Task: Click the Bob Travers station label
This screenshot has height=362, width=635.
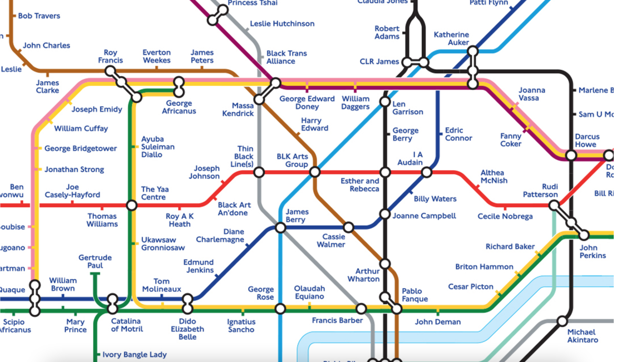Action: tap(39, 16)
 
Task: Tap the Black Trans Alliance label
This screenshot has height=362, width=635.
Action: tap(286, 57)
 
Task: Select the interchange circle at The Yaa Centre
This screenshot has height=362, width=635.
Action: tap(132, 205)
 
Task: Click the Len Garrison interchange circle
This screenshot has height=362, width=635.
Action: tap(385, 102)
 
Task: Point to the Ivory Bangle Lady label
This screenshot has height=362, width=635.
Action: tap(135, 354)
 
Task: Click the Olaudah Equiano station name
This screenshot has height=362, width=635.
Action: tap(309, 292)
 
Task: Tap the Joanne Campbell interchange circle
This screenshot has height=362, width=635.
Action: tap(385, 214)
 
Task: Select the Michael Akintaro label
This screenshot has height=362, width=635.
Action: tap(583, 336)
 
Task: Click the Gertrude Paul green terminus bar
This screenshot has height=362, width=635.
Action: tap(95, 274)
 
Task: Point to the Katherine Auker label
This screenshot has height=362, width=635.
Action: tap(451, 38)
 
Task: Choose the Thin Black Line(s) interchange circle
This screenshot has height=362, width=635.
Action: tap(259, 172)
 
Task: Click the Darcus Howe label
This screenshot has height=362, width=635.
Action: tap(587, 140)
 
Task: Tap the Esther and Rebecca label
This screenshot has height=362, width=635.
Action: tap(360, 185)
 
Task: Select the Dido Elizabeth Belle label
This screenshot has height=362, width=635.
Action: tap(188, 329)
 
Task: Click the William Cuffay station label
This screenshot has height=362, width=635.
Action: tap(81, 129)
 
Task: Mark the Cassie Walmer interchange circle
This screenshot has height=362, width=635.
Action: tap(348, 228)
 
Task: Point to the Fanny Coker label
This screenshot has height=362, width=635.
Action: tap(511, 140)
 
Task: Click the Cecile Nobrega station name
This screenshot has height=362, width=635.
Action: tap(505, 216)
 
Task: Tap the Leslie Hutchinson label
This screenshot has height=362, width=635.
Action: tap(282, 24)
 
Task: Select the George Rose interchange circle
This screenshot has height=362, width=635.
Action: tap(280, 309)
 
